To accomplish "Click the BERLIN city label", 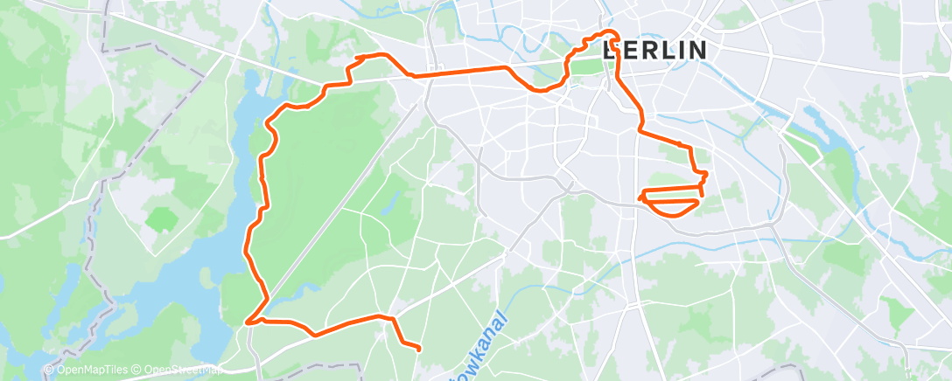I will coord(654,50).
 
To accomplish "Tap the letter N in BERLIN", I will coord(696,50).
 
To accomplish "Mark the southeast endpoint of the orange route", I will coord(419,349).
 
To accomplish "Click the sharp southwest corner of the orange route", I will coord(248,322).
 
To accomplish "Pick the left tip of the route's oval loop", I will coord(642,197).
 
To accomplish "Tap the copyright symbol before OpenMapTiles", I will coord(49,370).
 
